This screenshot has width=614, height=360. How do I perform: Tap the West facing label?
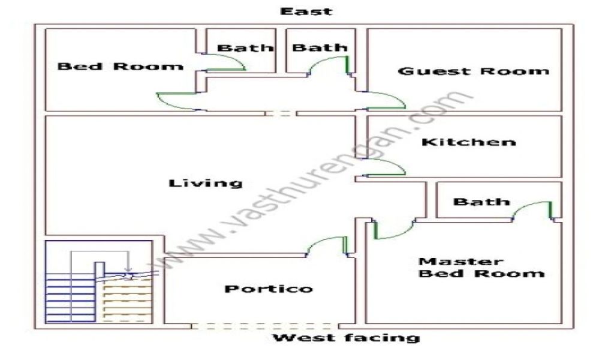347,338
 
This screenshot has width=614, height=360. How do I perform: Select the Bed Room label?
121,66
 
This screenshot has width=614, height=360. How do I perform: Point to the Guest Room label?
474,71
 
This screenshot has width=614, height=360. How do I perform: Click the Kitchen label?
468,142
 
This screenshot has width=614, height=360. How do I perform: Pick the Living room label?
206,183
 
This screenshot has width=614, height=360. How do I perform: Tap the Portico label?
269,289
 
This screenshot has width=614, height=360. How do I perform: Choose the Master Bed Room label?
481,268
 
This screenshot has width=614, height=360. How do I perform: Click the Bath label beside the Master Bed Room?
481,202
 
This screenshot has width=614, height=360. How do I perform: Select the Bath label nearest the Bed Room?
245,48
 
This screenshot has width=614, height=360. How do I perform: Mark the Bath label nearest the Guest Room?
320,47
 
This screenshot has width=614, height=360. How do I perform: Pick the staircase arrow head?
128,271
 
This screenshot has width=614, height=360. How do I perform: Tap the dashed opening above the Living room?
281,113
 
